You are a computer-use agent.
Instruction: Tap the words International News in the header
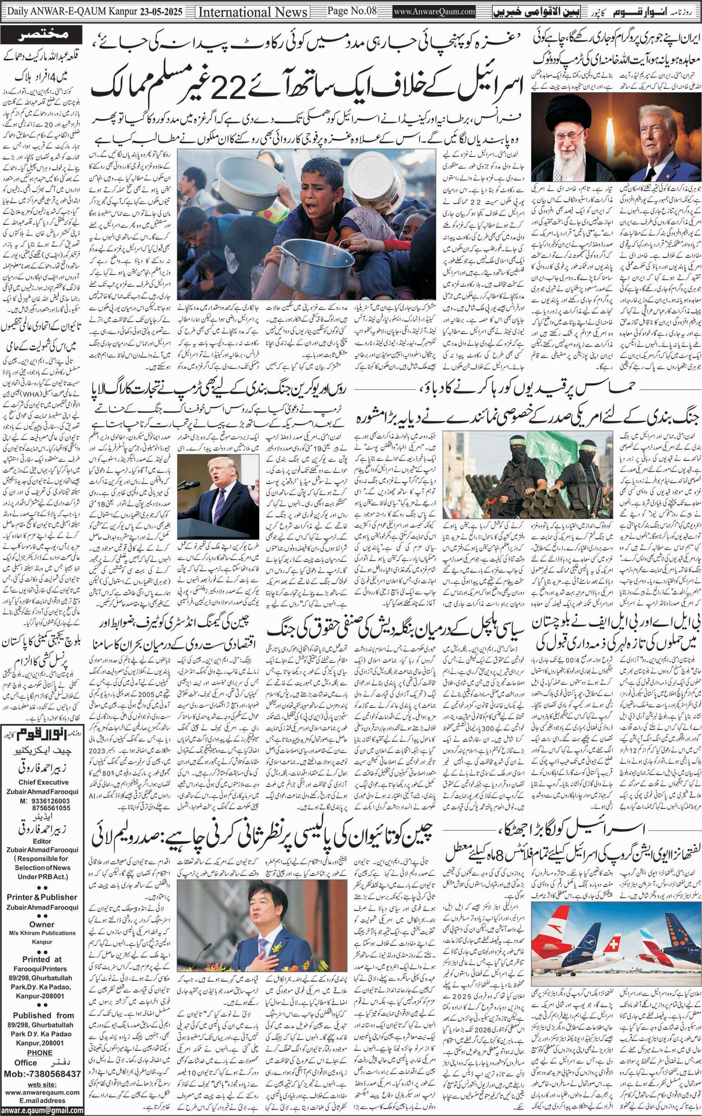[x=253, y=11]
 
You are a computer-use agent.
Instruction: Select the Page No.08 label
[x=351, y=10]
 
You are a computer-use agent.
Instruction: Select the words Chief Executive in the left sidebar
[x=44, y=782]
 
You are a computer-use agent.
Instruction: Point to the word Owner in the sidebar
[x=42, y=924]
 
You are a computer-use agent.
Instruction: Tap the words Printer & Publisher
[x=42, y=897]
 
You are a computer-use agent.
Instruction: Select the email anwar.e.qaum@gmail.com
[x=42, y=1110]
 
